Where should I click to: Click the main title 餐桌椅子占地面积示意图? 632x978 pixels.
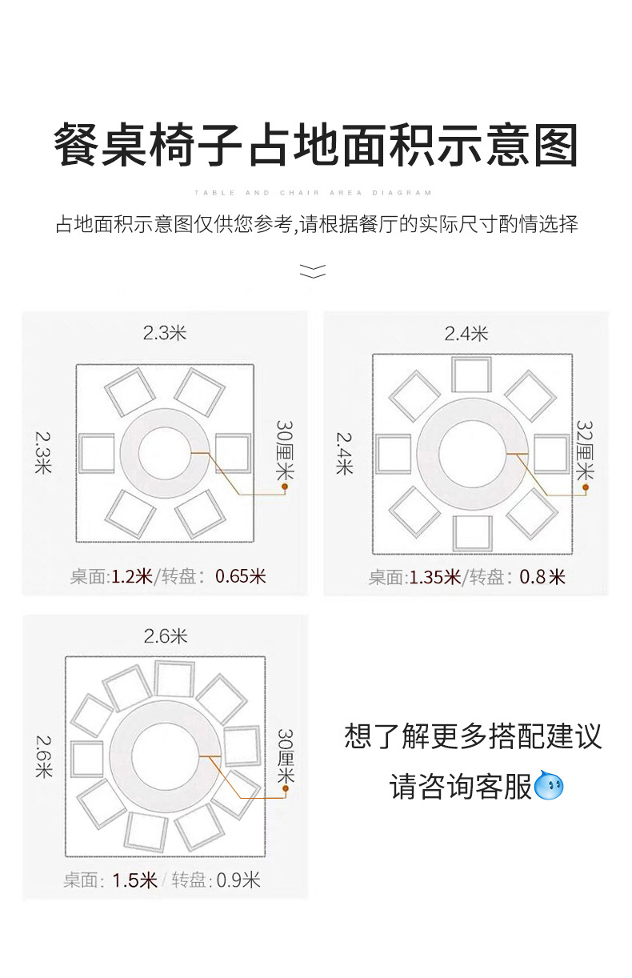click(x=315, y=144)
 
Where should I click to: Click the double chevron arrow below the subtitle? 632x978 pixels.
click(x=313, y=271)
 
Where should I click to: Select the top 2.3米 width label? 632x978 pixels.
click(x=165, y=333)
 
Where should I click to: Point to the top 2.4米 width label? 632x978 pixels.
click(x=466, y=334)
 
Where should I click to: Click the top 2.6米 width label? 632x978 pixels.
click(x=166, y=636)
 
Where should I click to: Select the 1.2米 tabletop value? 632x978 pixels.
click(x=131, y=575)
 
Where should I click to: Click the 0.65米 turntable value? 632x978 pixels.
click(x=241, y=575)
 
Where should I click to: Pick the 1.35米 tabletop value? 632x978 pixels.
click(x=434, y=576)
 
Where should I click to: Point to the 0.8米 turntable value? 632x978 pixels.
click(x=542, y=576)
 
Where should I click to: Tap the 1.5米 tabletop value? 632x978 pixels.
click(x=134, y=880)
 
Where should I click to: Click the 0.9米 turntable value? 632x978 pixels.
click(x=238, y=880)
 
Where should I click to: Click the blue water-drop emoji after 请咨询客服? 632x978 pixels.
click(x=550, y=786)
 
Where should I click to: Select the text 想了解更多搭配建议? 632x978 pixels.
click(x=473, y=736)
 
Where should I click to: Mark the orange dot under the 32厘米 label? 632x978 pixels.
click(x=586, y=487)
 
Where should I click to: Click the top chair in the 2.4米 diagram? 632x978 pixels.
click(x=471, y=375)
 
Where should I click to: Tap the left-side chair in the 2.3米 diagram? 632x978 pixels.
click(x=98, y=453)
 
